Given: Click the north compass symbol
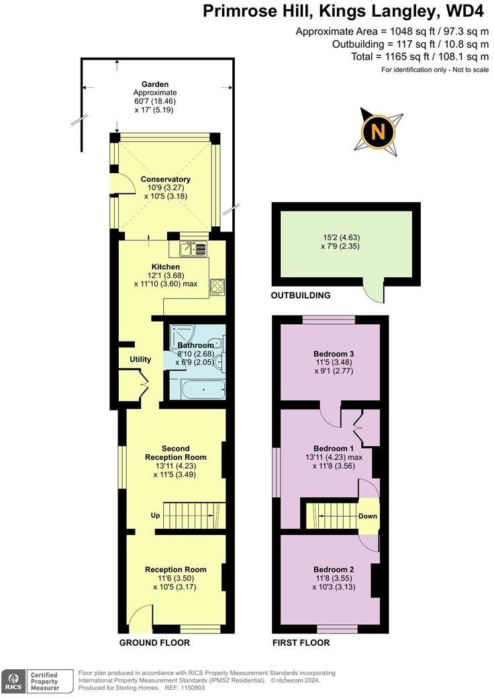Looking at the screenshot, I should [379, 132].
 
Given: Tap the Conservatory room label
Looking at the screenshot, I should [165, 179].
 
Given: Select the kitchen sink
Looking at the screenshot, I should [194, 249].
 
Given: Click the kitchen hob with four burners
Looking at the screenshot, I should [218, 287].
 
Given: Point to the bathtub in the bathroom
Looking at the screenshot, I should [197, 389].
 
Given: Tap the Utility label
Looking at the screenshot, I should [140, 360].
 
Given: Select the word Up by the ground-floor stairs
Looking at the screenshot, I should [155, 516].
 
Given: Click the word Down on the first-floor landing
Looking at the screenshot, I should [367, 516].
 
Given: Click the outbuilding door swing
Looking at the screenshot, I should [371, 292].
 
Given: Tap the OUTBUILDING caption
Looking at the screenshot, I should [301, 295].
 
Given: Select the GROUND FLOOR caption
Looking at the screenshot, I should [154, 642].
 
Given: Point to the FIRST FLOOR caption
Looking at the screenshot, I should [301, 642].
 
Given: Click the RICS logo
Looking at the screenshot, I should [13, 681].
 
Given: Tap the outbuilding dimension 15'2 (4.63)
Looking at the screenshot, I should [342, 237].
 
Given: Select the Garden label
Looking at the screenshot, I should [154, 85].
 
